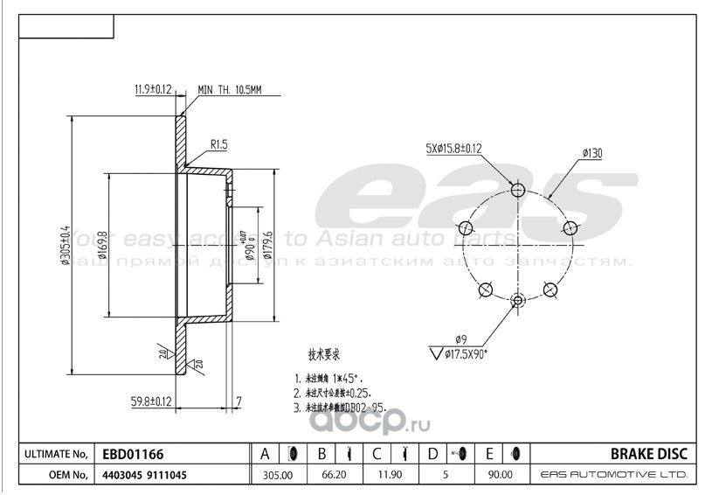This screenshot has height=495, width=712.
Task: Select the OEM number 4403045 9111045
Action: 145,475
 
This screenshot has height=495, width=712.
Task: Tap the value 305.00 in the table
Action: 277,475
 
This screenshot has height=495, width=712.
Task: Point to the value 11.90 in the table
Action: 387,475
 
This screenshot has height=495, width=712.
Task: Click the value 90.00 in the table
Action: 498,475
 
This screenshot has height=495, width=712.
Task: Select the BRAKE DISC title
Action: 653,454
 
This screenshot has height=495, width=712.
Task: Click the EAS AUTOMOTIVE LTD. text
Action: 614,475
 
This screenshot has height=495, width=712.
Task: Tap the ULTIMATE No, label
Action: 55,454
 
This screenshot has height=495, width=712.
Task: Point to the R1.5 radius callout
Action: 220,143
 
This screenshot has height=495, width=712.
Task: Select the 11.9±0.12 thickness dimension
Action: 154,88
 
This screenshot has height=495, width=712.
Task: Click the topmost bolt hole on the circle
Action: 518,191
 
